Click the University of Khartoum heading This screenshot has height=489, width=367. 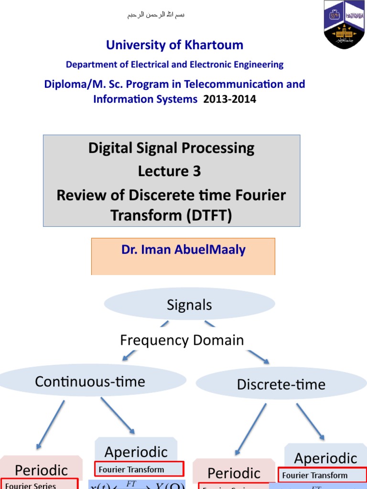(174, 45)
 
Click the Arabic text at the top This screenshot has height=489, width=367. (156, 15)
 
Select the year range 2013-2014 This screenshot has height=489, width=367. (230, 99)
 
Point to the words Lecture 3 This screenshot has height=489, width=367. (170, 171)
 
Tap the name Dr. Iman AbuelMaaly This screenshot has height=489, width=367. (183, 250)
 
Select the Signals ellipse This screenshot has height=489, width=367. (189, 305)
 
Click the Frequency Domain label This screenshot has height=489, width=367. (182, 340)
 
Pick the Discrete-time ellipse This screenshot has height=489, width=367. (281, 384)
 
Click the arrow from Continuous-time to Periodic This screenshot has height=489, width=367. (51, 425)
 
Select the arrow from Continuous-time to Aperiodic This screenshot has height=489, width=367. (118, 415)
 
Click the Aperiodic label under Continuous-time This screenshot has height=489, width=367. (136, 452)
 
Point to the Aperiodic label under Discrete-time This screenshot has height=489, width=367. (325, 458)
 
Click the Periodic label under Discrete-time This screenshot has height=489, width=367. (234, 473)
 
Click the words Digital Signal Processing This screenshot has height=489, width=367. (171, 148)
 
